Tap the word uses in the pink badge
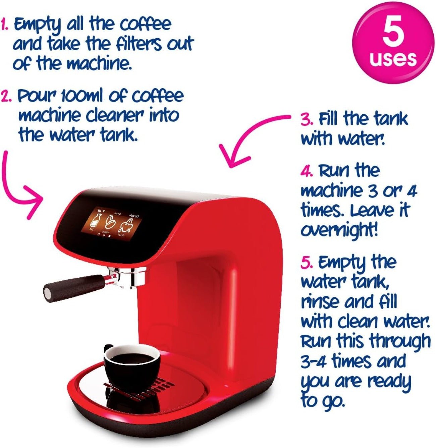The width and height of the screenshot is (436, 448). [x=393, y=58]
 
